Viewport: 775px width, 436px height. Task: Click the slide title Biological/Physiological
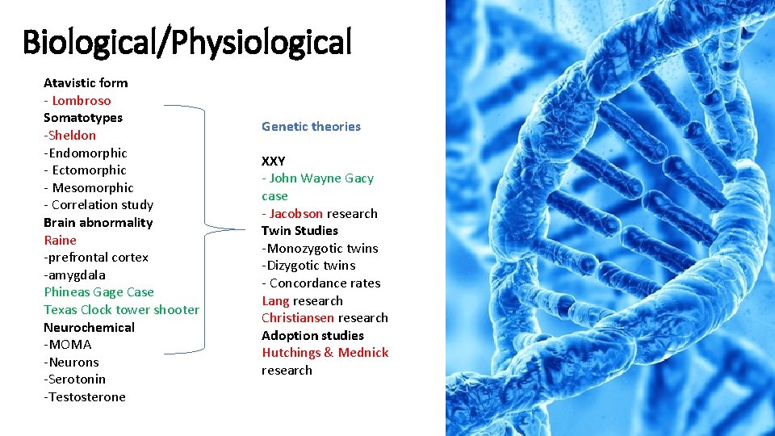pos(187,42)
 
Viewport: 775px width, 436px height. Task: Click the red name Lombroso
pos(82,100)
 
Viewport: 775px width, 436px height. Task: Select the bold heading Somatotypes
pos(83,118)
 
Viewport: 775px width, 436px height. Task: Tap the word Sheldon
pos(72,136)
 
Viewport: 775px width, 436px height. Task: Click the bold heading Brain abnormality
pos(98,222)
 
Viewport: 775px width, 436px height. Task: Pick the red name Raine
pos(60,240)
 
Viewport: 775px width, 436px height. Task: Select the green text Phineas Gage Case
pos(98,292)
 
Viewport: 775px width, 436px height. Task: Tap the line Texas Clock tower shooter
pos(121,309)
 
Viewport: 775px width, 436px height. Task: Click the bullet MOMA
pos(69,345)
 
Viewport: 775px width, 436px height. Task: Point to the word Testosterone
pos(86,396)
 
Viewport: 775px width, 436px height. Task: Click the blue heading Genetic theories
pos(311,127)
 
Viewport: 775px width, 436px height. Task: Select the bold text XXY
pos(273,161)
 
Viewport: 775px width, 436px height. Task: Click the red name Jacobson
pos(296,213)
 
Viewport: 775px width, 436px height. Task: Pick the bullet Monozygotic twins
pos(321,248)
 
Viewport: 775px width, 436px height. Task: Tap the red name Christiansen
pos(298,317)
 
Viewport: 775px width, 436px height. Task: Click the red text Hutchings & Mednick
pos(325,352)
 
